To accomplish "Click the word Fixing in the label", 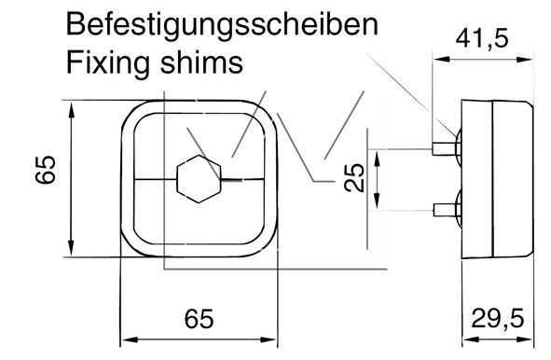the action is click(108, 63).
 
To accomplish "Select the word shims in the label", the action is click(201, 62).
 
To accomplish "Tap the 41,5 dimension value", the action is click(482, 39).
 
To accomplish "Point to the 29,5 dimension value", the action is click(497, 318).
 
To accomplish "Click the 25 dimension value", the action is click(354, 177).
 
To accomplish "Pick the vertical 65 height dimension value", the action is click(46, 170).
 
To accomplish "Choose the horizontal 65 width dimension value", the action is click(199, 319).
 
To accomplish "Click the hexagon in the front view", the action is click(200, 179).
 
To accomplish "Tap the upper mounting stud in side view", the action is click(444, 149).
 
